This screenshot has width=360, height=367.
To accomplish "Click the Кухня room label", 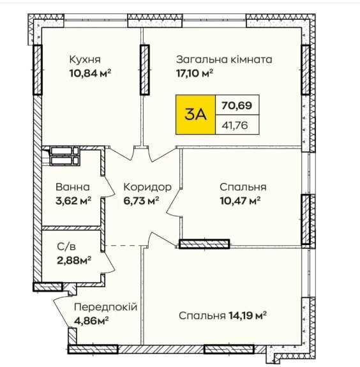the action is pos(85,59).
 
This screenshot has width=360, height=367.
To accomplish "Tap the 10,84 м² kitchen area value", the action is pos(90,73).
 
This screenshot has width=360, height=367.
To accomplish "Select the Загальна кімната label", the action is pos(224,59).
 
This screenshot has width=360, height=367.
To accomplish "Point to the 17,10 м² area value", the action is pos(195,73).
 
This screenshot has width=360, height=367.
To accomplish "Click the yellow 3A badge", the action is pos(195,114).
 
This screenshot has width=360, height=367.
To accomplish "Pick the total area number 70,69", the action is pos(237,105).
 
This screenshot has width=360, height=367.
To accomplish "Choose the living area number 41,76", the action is pos(235,125).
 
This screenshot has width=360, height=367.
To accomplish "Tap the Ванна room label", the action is pos(73,187).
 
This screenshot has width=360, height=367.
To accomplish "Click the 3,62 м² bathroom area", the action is pos(73,200).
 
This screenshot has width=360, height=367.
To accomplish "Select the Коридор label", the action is pos(147,187).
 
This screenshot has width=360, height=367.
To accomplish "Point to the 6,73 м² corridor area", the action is pos(141,200).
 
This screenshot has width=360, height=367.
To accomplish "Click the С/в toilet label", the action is pos(66,246).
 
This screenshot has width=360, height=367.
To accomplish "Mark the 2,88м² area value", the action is pos(74,260).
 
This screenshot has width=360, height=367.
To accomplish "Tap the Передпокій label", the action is pos(105,307).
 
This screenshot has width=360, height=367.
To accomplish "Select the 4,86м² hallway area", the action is pos(91,320).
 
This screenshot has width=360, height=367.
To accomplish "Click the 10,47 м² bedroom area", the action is pos(240,200).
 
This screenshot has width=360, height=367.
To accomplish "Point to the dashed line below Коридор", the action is pos(123,246).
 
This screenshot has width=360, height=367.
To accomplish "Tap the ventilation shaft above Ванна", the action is pos(64,156).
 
